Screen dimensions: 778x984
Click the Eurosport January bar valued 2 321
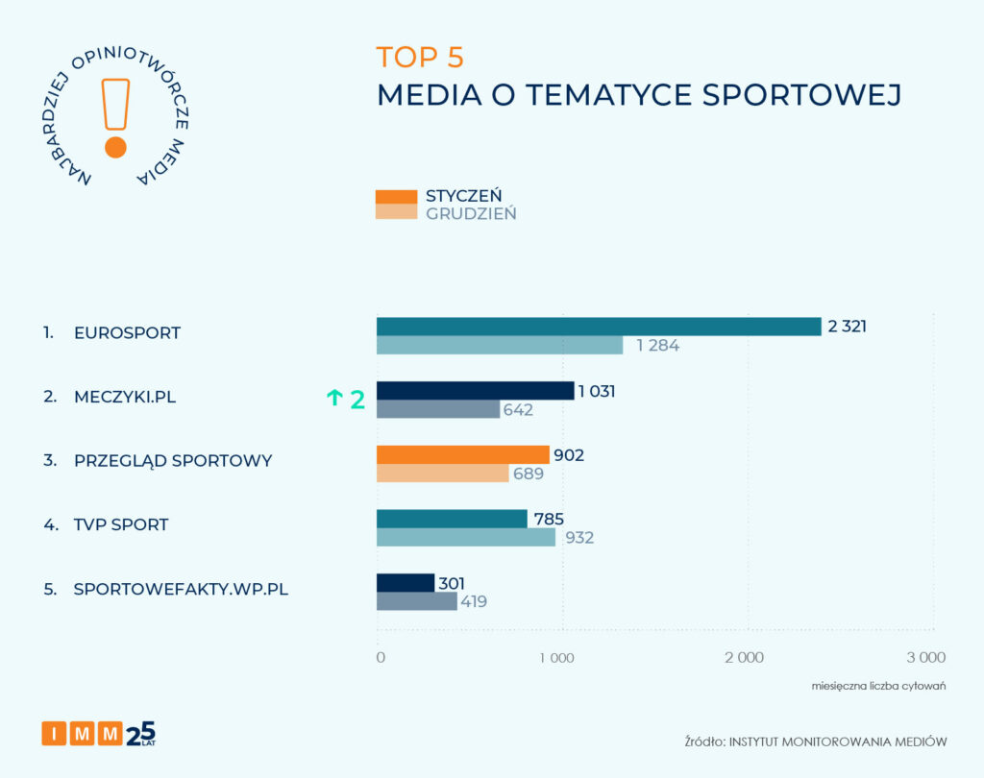tap(599, 327)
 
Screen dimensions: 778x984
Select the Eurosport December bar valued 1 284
tap(500, 346)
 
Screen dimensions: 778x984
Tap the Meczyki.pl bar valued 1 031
tap(475, 390)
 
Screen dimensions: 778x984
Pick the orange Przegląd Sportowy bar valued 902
tap(462, 454)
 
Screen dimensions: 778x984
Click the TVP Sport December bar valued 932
tap(466, 538)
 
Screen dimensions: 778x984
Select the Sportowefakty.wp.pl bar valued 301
tap(406, 582)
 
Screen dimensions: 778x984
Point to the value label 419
tap(474, 602)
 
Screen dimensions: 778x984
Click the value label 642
tap(518, 410)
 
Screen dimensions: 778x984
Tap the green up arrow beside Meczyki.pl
tap(334, 399)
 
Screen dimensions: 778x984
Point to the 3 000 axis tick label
tap(926, 658)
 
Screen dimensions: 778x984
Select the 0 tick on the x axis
tap(381, 658)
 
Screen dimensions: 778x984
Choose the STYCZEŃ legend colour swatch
tap(396, 196)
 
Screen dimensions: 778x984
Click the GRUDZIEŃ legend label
tap(471, 213)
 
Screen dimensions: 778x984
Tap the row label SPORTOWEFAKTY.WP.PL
tap(181, 590)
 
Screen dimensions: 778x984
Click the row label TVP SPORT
tap(121, 525)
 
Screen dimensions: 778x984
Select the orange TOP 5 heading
tap(420, 58)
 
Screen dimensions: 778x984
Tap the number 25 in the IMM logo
tap(140, 732)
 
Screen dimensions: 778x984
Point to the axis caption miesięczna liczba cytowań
tap(879, 686)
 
